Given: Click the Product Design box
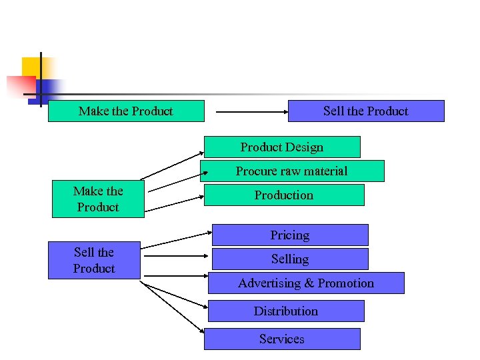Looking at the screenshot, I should click(x=281, y=147).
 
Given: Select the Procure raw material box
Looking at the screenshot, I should click(x=292, y=171).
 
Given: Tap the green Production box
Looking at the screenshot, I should click(x=284, y=195).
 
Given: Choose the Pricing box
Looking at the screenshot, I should click(x=290, y=235).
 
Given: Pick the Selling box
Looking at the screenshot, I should click(x=290, y=259).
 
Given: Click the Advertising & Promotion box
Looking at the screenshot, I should click(x=306, y=283).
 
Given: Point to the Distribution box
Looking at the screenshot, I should click(x=286, y=311).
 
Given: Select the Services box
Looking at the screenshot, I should click(x=282, y=339).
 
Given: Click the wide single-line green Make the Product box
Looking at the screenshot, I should click(x=126, y=111).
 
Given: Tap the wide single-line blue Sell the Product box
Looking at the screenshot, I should click(x=366, y=111).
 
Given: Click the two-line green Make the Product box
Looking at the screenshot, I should click(x=98, y=199).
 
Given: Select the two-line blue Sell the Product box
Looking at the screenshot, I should click(x=94, y=260).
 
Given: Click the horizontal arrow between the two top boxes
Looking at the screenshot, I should click(x=246, y=111).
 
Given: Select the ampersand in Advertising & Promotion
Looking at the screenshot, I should click(x=309, y=283).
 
